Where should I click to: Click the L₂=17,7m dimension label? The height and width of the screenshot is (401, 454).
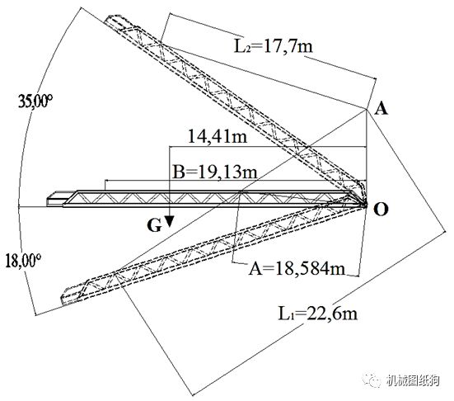(274, 46)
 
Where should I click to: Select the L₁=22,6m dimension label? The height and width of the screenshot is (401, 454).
(317, 314)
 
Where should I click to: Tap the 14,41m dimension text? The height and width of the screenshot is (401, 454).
(218, 136)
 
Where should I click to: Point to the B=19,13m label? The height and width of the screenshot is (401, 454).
(214, 172)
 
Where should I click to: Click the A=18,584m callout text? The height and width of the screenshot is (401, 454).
(297, 268)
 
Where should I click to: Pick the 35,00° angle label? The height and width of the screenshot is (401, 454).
(35, 101)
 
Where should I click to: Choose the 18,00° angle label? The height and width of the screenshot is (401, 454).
(22, 261)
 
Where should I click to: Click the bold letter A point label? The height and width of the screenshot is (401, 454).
(381, 109)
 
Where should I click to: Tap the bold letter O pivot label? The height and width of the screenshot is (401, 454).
(381, 210)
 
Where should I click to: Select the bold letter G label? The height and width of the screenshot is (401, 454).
(154, 225)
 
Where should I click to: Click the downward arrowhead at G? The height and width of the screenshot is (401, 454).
(170, 221)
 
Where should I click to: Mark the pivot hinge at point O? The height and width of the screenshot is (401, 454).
(365, 205)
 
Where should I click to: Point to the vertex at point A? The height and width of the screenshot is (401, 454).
(367, 110)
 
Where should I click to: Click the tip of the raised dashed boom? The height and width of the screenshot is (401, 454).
(108, 19)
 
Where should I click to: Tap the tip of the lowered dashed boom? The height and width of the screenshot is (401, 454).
(63, 300)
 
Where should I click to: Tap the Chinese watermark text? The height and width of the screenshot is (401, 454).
(413, 380)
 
